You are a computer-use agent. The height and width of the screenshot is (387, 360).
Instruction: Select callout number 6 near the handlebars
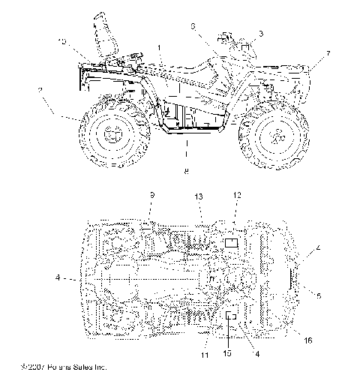(193, 25)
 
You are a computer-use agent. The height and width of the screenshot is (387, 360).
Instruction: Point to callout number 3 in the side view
(260, 33)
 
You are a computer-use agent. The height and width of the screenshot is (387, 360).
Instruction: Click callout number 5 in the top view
(319, 295)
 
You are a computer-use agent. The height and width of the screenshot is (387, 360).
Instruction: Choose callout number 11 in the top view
(204, 354)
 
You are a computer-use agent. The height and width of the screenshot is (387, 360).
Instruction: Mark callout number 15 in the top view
(227, 352)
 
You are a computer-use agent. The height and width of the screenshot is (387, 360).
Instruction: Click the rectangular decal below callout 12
(232, 241)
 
